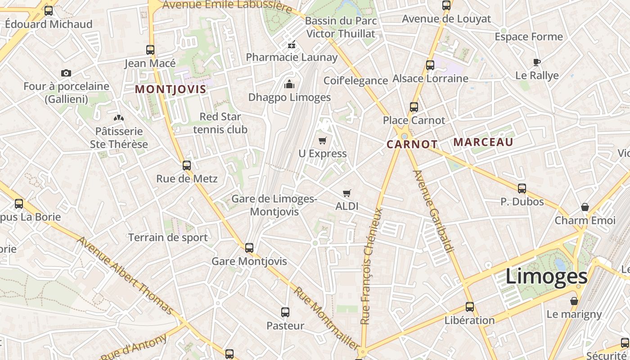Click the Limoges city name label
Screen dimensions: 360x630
546,276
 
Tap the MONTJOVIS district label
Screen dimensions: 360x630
171,89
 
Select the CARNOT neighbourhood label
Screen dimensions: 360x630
412,144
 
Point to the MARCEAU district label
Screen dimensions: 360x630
483,142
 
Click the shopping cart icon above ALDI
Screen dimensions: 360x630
346,193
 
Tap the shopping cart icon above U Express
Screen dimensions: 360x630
322,141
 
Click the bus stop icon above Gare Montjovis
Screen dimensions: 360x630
249,247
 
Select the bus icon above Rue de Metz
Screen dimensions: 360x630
187,165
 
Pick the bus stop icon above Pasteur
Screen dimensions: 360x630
285,312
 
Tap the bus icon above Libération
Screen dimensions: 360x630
470,307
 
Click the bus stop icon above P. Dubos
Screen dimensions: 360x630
522,188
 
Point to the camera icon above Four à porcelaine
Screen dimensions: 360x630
66,73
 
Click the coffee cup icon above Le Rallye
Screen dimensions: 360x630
536,62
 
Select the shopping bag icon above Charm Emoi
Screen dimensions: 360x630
585,207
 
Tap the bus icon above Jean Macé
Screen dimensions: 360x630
150,49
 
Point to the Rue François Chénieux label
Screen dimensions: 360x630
372,265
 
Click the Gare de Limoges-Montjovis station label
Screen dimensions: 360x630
274,205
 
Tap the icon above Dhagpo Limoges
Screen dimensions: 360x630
289,84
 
